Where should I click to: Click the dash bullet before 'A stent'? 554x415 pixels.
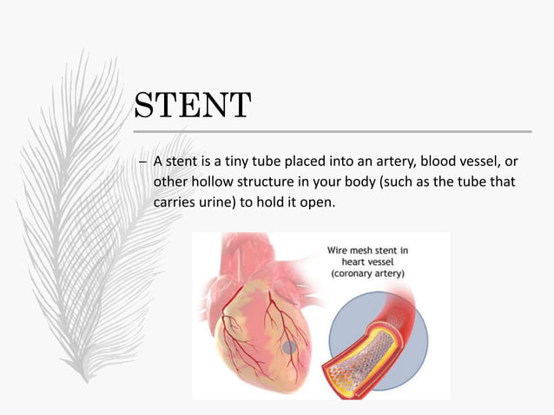click(x=143, y=162)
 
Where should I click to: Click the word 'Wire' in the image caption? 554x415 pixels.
click(x=340, y=251)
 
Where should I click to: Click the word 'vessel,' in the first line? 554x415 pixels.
click(x=483, y=161)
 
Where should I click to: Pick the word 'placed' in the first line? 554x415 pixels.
click(x=279, y=161)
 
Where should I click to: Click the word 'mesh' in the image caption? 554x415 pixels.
click(x=368, y=251)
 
